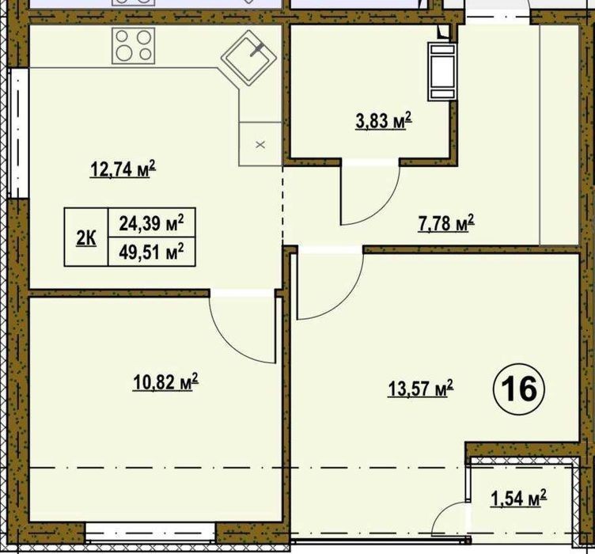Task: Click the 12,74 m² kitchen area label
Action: tap(123, 169)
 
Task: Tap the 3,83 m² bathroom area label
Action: tap(384, 121)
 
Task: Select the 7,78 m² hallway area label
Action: tap(446, 223)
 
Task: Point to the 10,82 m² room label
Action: tap(166, 381)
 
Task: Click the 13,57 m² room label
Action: tap(420, 389)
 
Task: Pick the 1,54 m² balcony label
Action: tap(518, 499)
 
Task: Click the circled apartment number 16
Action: tap(519, 389)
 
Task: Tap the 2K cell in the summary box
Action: tap(86, 237)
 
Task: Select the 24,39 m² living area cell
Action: tap(152, 222)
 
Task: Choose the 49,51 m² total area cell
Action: tap(152, 252)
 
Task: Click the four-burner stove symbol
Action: tap(133, 46)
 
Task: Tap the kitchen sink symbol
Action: tap(249, 58)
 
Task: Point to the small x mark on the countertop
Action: tap(260, 145)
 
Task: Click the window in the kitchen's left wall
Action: tap(18, 132)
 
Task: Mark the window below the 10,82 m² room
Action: tap(150, 533)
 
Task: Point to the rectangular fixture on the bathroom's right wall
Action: tap(442, 71)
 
